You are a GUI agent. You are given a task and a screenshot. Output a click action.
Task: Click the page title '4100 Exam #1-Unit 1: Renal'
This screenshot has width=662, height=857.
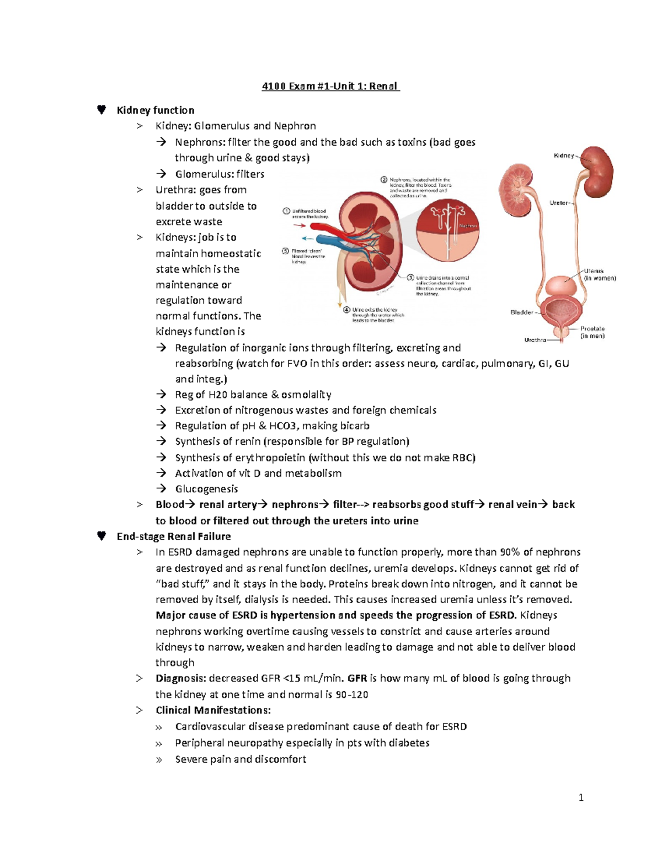click(x=330, y=86)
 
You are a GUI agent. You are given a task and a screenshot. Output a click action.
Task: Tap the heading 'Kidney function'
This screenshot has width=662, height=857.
click(x=156, y=110)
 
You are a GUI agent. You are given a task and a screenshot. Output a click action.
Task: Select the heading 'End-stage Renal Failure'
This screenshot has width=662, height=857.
click(x=174, y=536)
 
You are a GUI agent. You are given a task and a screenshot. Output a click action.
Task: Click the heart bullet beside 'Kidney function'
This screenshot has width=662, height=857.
click(x=102, y=110)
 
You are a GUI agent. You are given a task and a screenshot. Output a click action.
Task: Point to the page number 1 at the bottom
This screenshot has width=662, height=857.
click(x=581, y=797)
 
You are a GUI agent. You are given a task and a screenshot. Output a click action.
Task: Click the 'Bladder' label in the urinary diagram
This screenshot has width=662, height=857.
click(x=521, y=312)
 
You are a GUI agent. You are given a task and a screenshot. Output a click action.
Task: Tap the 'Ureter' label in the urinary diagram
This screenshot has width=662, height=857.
click(x=559, y=203)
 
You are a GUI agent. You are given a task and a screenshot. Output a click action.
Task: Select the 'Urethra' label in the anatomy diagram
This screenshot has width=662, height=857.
click(x=535, y=340)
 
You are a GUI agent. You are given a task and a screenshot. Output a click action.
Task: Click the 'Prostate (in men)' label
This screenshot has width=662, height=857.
click(x=592, y=332)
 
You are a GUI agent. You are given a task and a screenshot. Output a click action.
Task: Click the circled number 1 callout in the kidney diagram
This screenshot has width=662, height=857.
click(x=286, y=211)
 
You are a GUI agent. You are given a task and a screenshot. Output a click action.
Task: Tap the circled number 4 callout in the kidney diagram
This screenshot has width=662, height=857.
click(x=346, y=310)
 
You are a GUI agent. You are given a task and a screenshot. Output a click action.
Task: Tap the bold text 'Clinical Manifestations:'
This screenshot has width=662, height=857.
click(x=213, y=710)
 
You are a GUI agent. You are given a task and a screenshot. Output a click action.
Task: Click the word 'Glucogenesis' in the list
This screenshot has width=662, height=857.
click(x=206, y=489)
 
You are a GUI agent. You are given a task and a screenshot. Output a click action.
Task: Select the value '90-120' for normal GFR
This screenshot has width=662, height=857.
click(x=351, y=695)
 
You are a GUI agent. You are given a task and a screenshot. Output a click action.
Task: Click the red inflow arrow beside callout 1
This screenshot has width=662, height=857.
click(x=299, y=226)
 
